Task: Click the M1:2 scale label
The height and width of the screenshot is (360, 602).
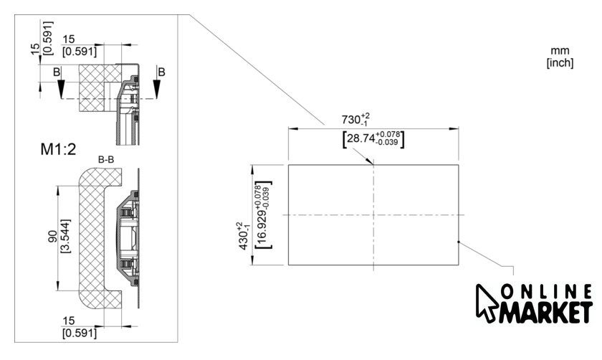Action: pyautogui.click(x=58, y=149)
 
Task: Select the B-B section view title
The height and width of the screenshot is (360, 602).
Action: pyautogui.click(x=106, y=159)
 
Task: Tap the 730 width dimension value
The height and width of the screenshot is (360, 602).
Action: pyautogui.click(x=351, y=120)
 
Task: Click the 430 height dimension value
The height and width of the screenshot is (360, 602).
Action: pyautogui.click(x=244, y=240)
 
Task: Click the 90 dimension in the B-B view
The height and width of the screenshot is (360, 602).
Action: pyautogui.click(x=52, y=236)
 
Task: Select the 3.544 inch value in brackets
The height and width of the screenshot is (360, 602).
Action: pyautogui.click(x=66, y=236)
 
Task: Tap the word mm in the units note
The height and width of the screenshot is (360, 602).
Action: pyautogui.click(x=560, y=51)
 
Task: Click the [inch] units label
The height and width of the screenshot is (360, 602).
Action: pyautogui.click(x=560, y=62)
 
